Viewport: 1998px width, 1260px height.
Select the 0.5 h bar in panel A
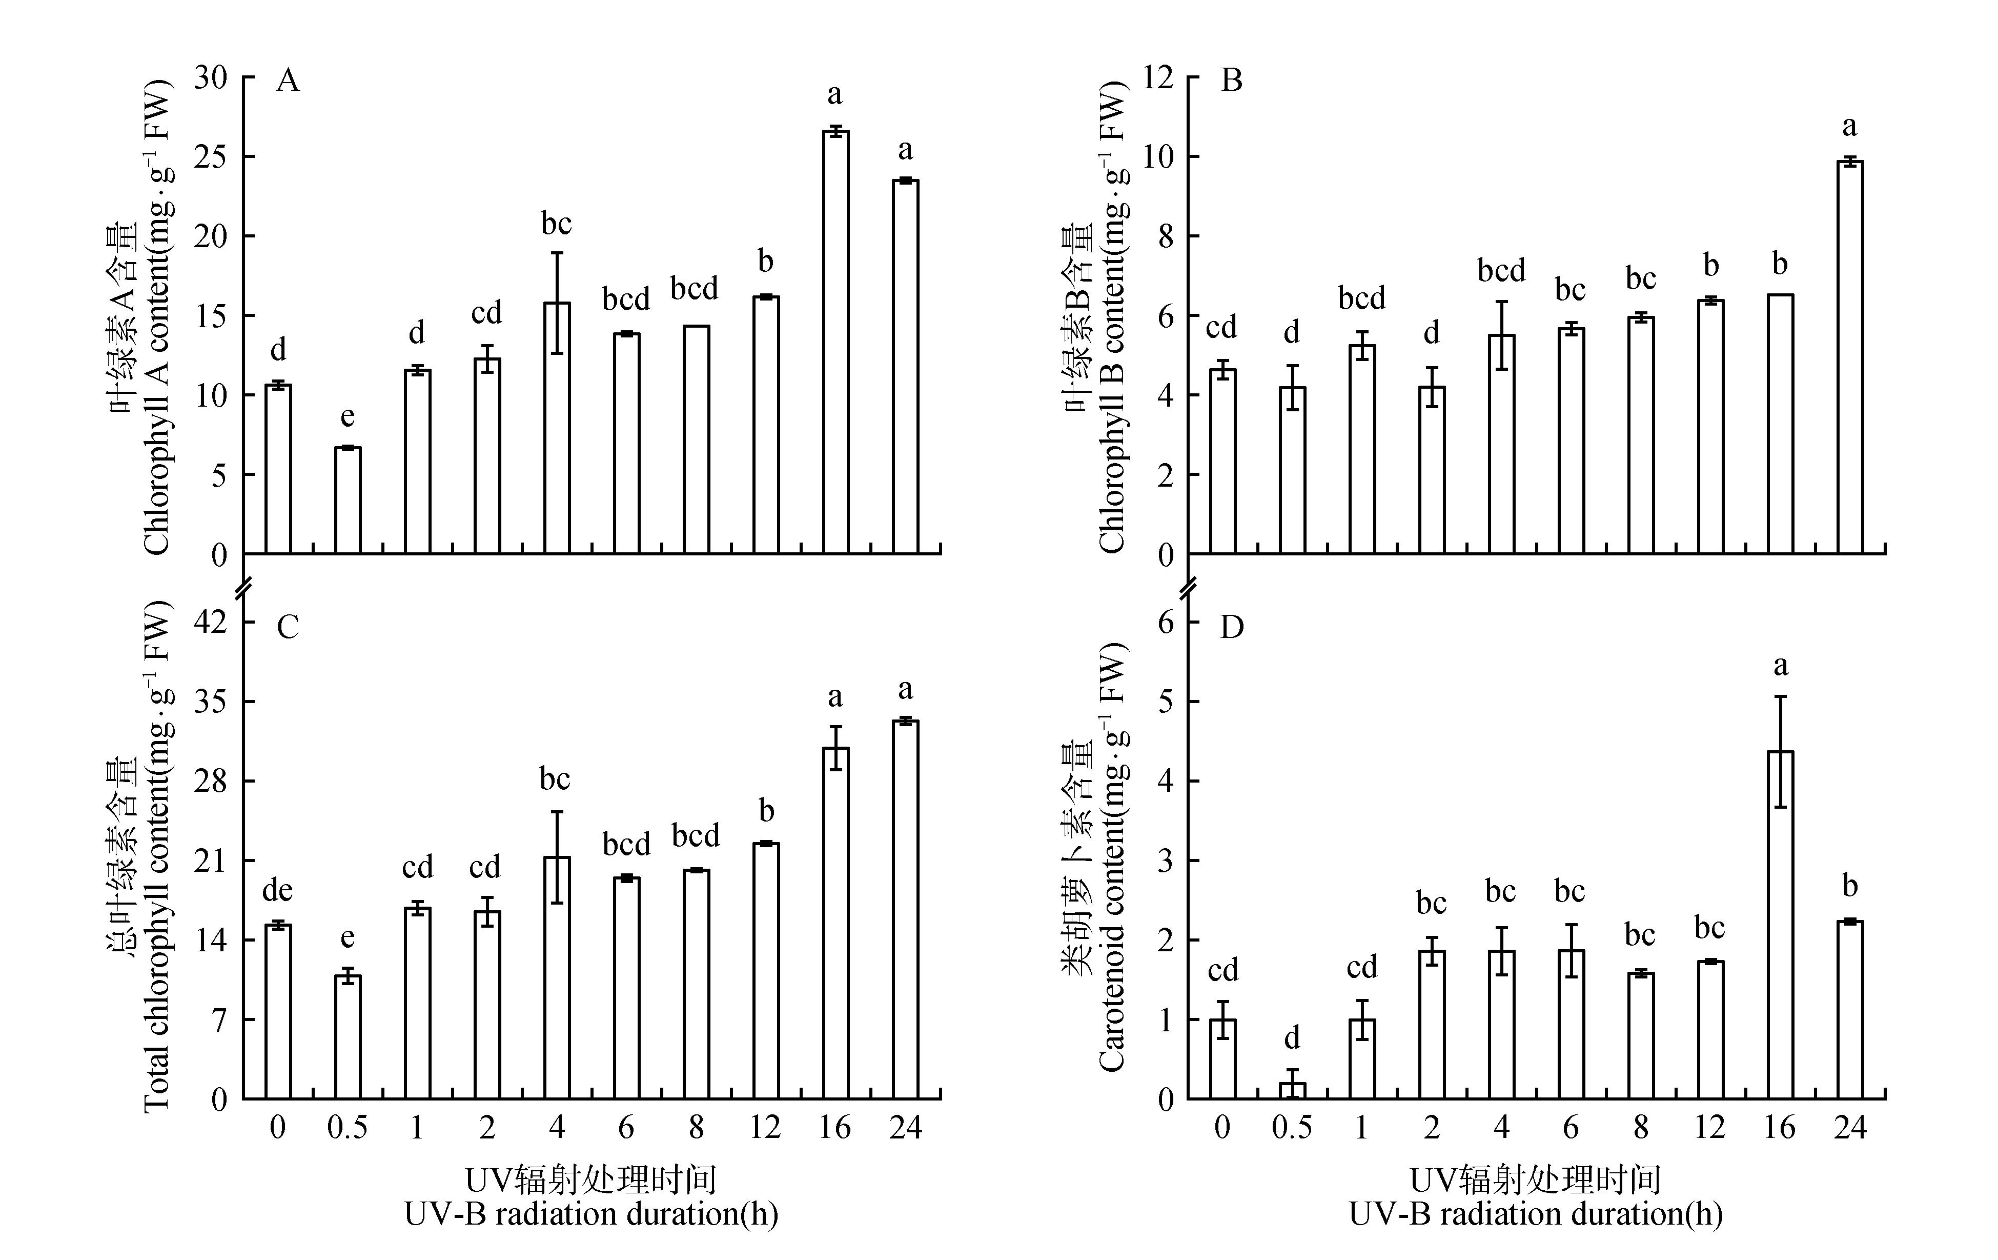pos(348,501)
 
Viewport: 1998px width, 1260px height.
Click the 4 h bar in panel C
pos(557,978)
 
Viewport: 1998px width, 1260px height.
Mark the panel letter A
pos(287,82)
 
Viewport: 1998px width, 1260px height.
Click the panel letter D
pos(1232,628)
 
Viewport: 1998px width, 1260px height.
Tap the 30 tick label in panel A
pos(210,78)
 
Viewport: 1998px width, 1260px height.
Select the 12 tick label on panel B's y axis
pos(1158,78)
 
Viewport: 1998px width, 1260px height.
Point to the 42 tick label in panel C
pos(210,623)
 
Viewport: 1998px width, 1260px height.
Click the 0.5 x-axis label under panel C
pos(348,1127)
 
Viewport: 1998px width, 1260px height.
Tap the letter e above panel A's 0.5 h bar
pos(348,416)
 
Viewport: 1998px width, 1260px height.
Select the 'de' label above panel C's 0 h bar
pos(277,891)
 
